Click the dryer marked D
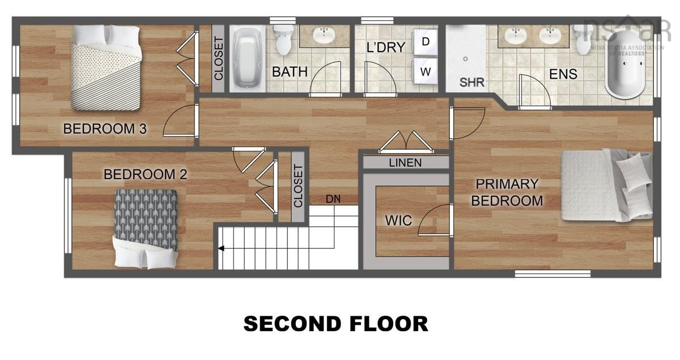(x=426, y=41)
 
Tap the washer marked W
(x=426, y=71)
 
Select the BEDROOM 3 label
(x=105, y=129)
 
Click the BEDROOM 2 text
(x=145, y=174)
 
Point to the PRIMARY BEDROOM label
(x=507, y=192)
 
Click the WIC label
(x=398, y=220)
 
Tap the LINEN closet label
(x=405, y=163)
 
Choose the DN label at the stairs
(x=333, y=199)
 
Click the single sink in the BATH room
(x=324, y=36)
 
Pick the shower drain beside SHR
(x=465, y=58)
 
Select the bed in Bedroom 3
(x=106, y=69)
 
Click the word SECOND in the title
(x=290, y=324)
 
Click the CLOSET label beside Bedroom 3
(x=218, y=58)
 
